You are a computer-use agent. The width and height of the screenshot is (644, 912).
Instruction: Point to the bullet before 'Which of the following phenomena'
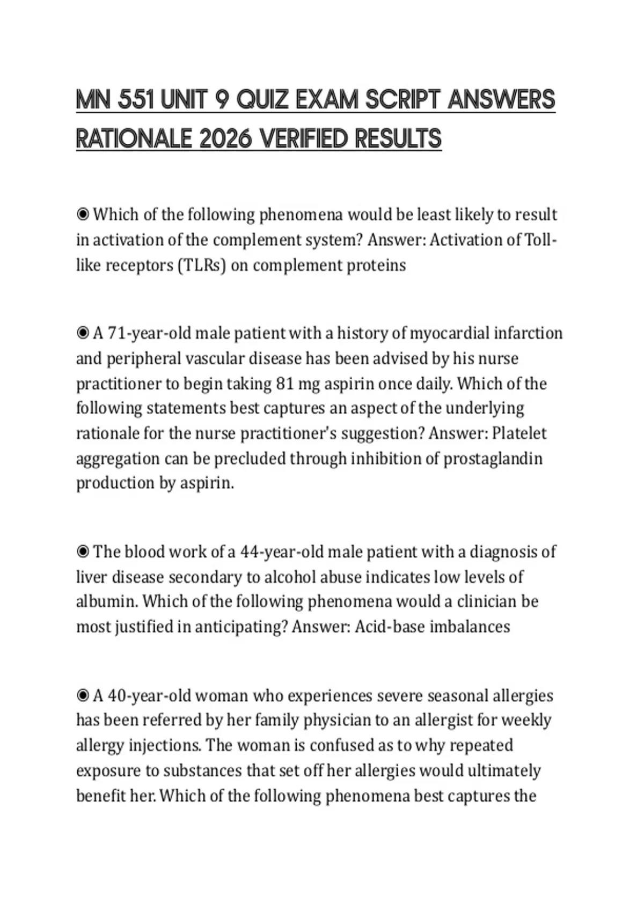83,215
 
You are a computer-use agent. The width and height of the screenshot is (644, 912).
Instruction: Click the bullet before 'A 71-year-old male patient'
83,334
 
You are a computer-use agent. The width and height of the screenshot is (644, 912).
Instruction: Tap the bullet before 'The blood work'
83,551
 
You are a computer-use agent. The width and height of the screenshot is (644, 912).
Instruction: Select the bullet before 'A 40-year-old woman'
83,696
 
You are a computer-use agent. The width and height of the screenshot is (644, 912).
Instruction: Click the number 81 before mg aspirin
284,384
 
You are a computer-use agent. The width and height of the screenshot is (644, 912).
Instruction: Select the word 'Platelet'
519,433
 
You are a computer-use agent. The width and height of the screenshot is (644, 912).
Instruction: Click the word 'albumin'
107,601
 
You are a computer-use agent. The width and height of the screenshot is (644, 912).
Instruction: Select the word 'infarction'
528,333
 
